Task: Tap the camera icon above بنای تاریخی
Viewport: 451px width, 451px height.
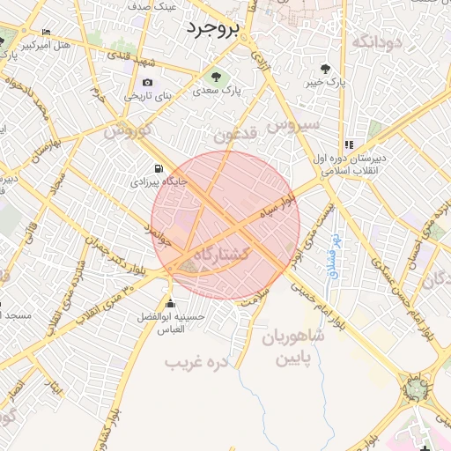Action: coord(146,83)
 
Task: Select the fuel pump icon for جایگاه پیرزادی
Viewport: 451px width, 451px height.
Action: coord(158,168)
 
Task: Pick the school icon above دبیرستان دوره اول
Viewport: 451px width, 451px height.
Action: coord(349,144)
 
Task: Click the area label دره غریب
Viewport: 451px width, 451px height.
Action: coord(197,361)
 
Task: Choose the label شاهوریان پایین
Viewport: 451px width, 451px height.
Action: coord(290,348)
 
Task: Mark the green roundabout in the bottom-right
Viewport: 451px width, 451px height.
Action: coord(415,386)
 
